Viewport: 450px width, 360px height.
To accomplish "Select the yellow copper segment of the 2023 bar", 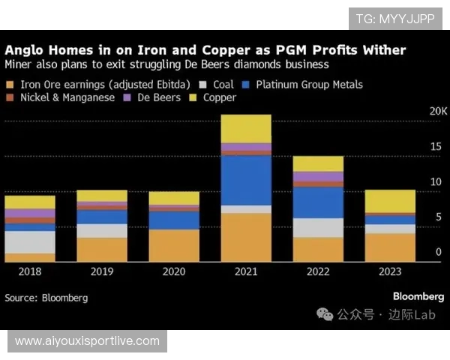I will (x=389, y=201).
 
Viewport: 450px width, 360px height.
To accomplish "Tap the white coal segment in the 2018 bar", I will (x=30, y=241).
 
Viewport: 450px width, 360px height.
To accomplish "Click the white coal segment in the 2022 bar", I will (x=317, y=227).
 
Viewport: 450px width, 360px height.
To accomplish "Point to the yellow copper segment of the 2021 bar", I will (x=246, y=128).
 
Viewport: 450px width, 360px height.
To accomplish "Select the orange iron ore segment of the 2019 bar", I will (x=102, y=249).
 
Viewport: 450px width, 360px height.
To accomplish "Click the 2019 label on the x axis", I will (x=102, y=271).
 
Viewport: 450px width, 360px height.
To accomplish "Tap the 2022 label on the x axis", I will (x=317, y=271).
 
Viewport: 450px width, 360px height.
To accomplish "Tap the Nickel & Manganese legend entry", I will (x=67, y=97).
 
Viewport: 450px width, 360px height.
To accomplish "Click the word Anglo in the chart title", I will (x=26, y=49).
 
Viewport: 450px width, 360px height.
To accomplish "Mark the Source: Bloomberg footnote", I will (x=46, y=298).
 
